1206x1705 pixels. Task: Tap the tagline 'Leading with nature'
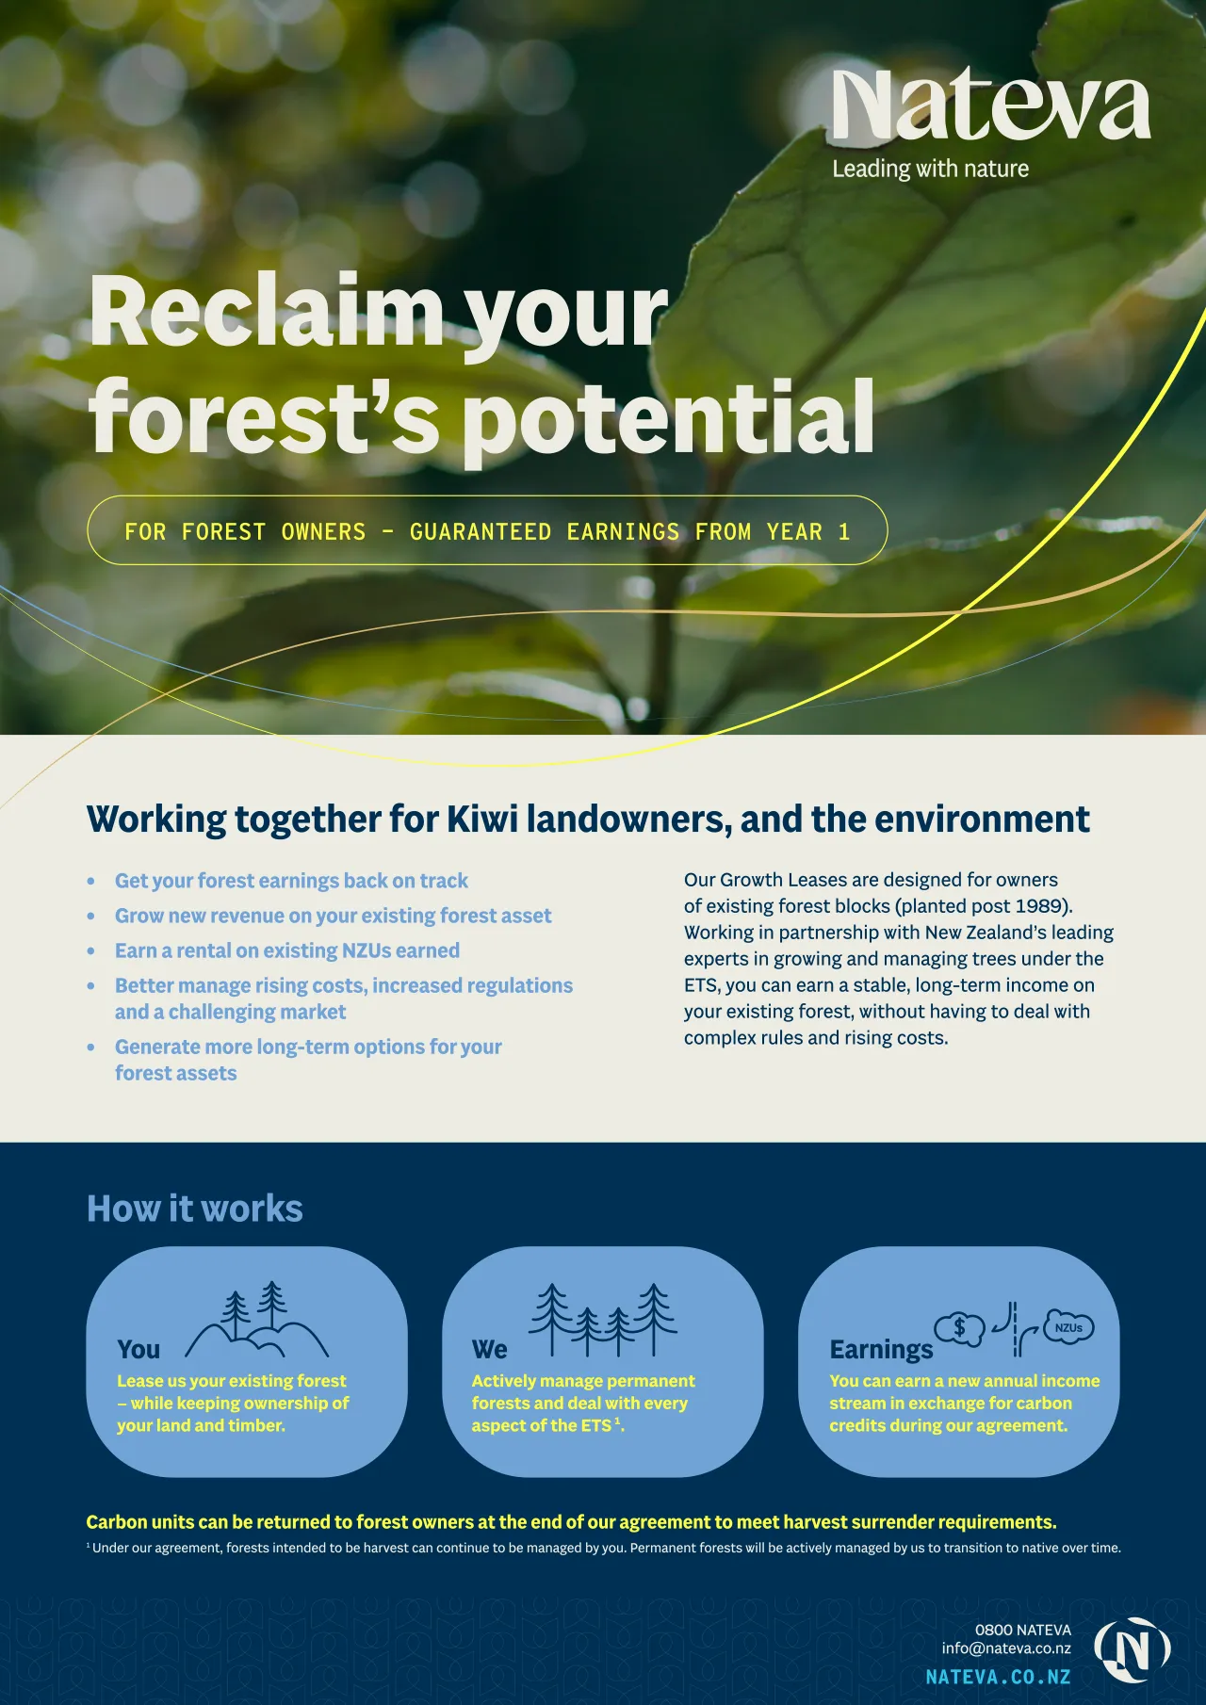pyautogui.click(x=930, y=169)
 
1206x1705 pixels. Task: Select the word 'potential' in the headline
pyautogui.click(x=670, y=417)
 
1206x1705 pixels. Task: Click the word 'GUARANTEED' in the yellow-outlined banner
pyautogui.click(x=481, y=531)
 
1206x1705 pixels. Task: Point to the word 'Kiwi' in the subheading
pyautogui.click(x=482, y=819)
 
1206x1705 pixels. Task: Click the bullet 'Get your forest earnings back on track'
pyautogui.click(x=291, y=881)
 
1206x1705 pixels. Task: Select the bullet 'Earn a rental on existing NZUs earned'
pyautogui.click(x=287, y=950)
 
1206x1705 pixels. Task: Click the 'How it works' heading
pyautogui.click(x=195, y=1209)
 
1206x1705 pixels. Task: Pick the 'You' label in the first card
pyautogui.click(x=139, y=1350)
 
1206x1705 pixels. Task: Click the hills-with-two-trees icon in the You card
pyautogui.click(x=257, y=1319)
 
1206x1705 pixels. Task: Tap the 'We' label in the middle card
pyautogui.click(x=490, y=1350)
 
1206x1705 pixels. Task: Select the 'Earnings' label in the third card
pyautogui.click(x=881, y=1350)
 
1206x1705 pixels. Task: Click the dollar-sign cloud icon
pyautogui.click(x=959, y=1329)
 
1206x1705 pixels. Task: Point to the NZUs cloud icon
pyautogui.click(x=1069, y=1327)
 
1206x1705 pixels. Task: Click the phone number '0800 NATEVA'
pyautogui.click(x=1023, y=1630)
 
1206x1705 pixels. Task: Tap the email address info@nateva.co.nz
pyautogui.click(x=1006, y=1648)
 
